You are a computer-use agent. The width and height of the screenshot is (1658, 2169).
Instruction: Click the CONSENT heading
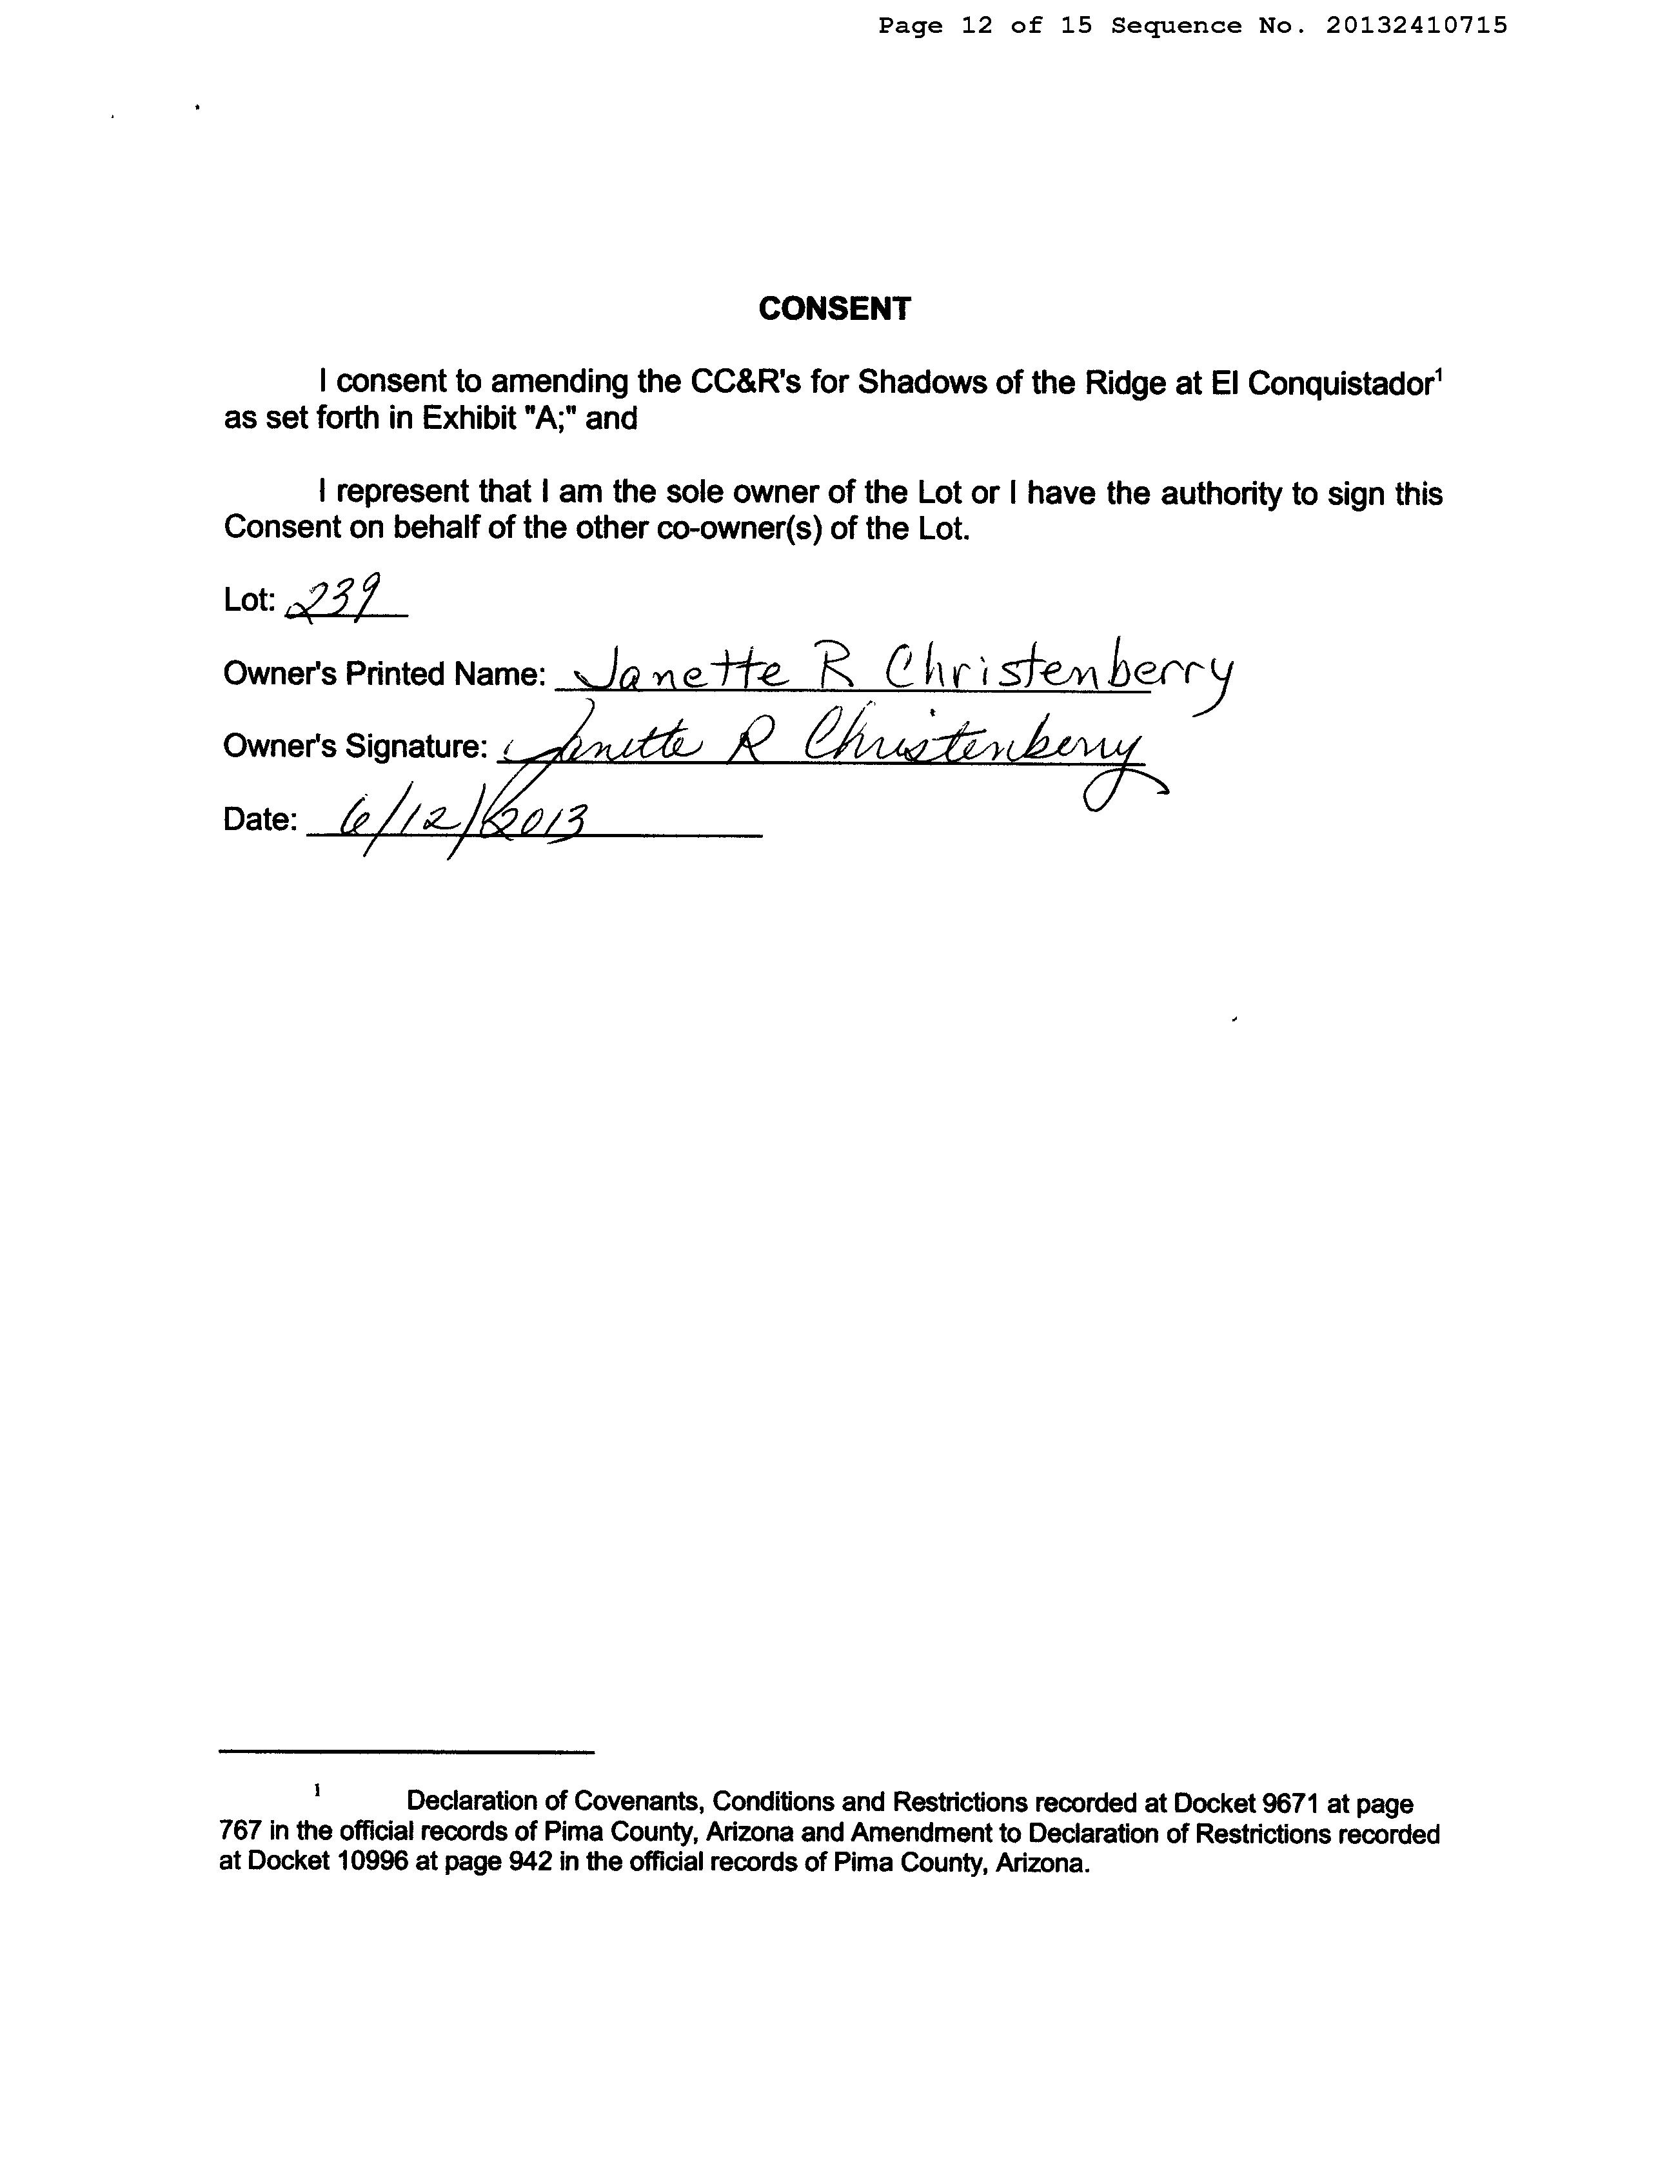[834, 309]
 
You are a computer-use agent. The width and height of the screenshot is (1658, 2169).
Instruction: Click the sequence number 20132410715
[1416, 26]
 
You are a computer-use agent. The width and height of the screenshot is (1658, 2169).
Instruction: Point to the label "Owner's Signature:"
[355, 746]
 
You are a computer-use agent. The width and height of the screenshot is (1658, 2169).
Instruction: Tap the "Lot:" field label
[249, 599]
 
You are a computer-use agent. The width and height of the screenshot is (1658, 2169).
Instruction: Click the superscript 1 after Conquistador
[1439, 372]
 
